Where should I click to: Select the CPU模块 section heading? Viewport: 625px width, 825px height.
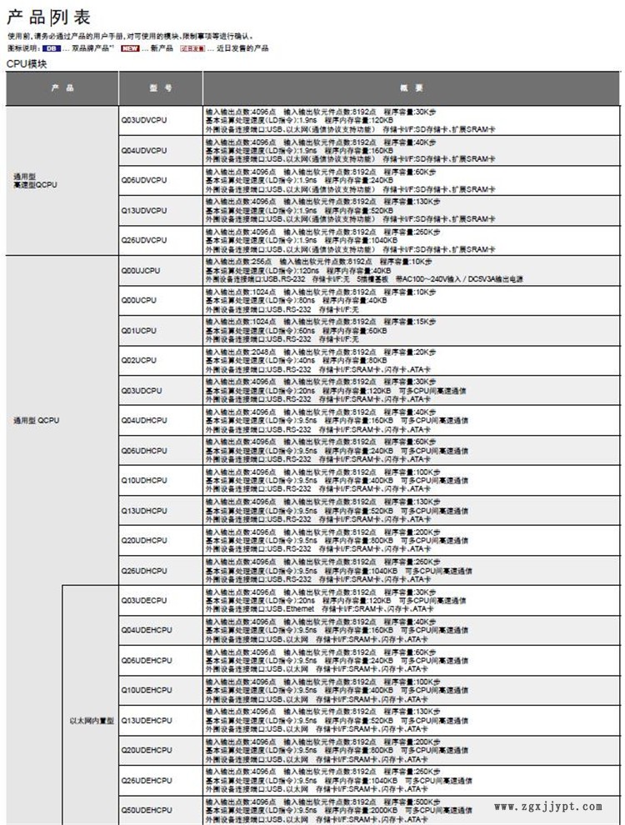27,63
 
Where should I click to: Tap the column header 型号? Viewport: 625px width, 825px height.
161,87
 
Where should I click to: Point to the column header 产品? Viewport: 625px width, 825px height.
62,87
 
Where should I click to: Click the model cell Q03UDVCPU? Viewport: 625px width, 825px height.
144,121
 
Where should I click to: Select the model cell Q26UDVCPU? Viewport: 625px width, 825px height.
144,240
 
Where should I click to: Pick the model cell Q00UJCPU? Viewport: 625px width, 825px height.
141,271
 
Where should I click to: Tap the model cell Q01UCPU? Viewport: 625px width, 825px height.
139,331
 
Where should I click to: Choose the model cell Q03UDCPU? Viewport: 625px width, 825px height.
142,391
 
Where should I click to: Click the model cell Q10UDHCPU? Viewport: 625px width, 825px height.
144,480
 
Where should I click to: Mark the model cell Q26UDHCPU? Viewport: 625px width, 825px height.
144,571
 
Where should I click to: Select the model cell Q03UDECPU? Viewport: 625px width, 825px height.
144,600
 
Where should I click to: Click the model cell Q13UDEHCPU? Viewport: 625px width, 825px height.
147,720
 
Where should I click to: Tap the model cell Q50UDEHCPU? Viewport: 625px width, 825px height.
147,809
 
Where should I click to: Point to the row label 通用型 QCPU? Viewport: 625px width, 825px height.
37,421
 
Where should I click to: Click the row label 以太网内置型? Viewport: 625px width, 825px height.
91,720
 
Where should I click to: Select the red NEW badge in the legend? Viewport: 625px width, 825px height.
130,48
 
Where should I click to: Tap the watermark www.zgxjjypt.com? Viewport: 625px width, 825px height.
548,806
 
